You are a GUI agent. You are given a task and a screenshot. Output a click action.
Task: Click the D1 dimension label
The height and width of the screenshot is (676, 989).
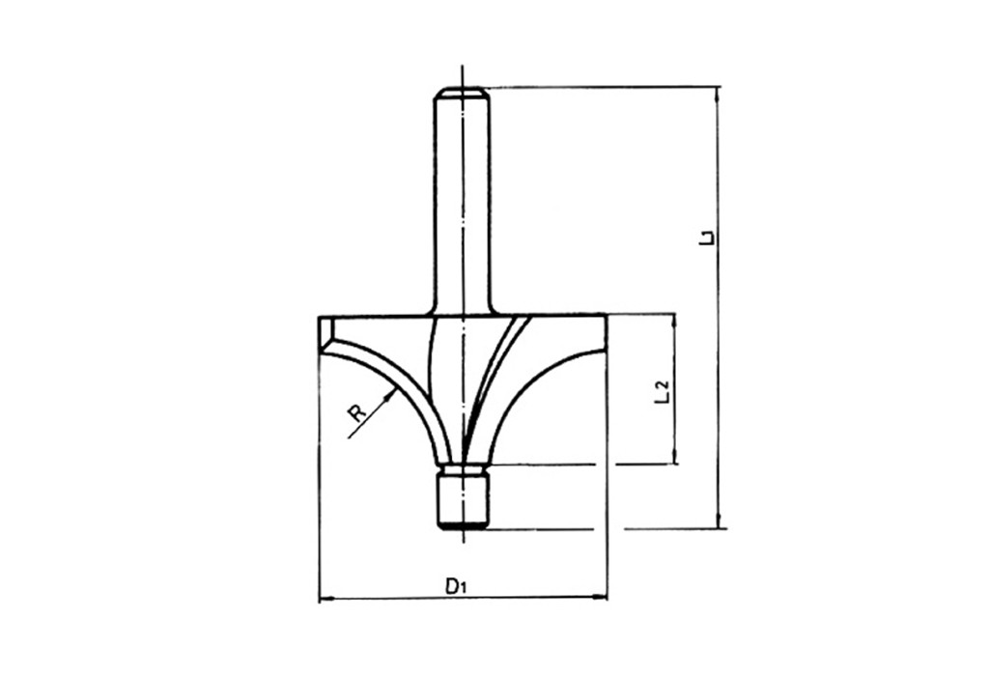(x=456, y=587)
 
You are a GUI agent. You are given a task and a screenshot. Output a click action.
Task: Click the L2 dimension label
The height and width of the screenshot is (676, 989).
(x=662, y=392)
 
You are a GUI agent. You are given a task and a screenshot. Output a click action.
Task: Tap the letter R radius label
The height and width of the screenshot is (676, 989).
(x=357, y=413)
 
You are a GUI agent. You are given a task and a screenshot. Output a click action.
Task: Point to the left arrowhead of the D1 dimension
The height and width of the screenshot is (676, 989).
(x=325, y=599)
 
